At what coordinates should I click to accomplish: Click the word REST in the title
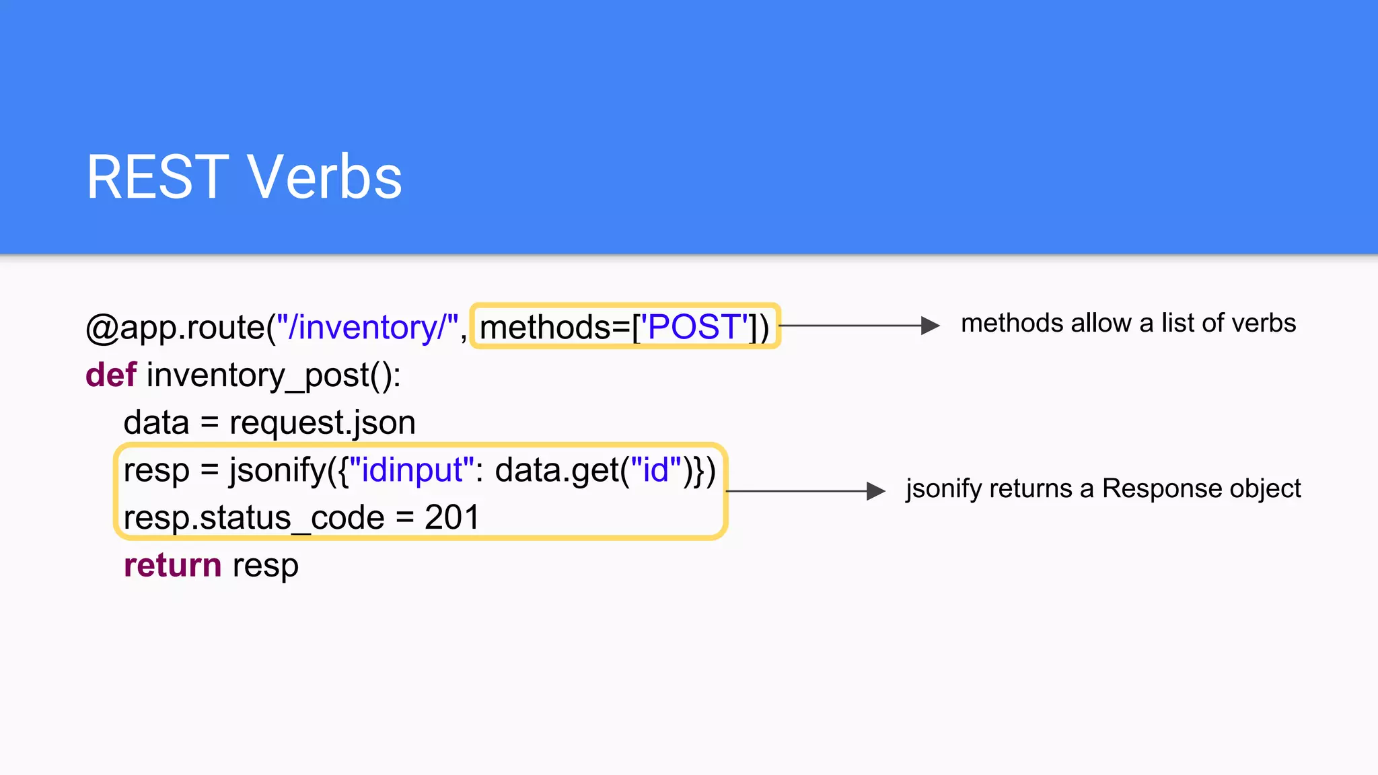point(158,177)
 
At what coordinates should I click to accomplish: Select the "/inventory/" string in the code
point(367,328)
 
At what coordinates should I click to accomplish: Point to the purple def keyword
point(111,375)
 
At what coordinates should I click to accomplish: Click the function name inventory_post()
point(273,375)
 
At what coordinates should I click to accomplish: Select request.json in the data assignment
point(322,423)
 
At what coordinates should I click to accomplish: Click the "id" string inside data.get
point(656,470)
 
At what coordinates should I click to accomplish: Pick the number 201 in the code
point(451,517)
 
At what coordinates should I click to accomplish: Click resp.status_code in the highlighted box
point(254,518)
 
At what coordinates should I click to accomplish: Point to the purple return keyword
point(172,565)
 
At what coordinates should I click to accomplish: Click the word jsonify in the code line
point(278,470)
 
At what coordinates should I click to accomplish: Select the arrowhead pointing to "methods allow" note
point(931,326)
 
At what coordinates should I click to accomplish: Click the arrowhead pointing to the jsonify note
point(876,491)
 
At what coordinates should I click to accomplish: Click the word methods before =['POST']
point(545,328)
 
